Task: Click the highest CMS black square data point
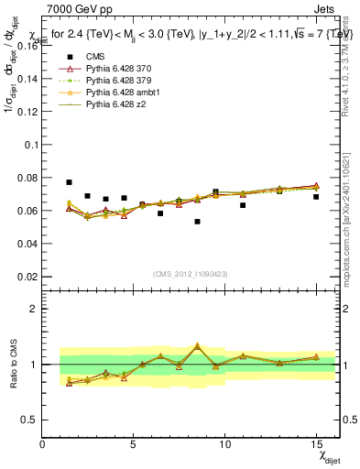coord(70,182)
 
